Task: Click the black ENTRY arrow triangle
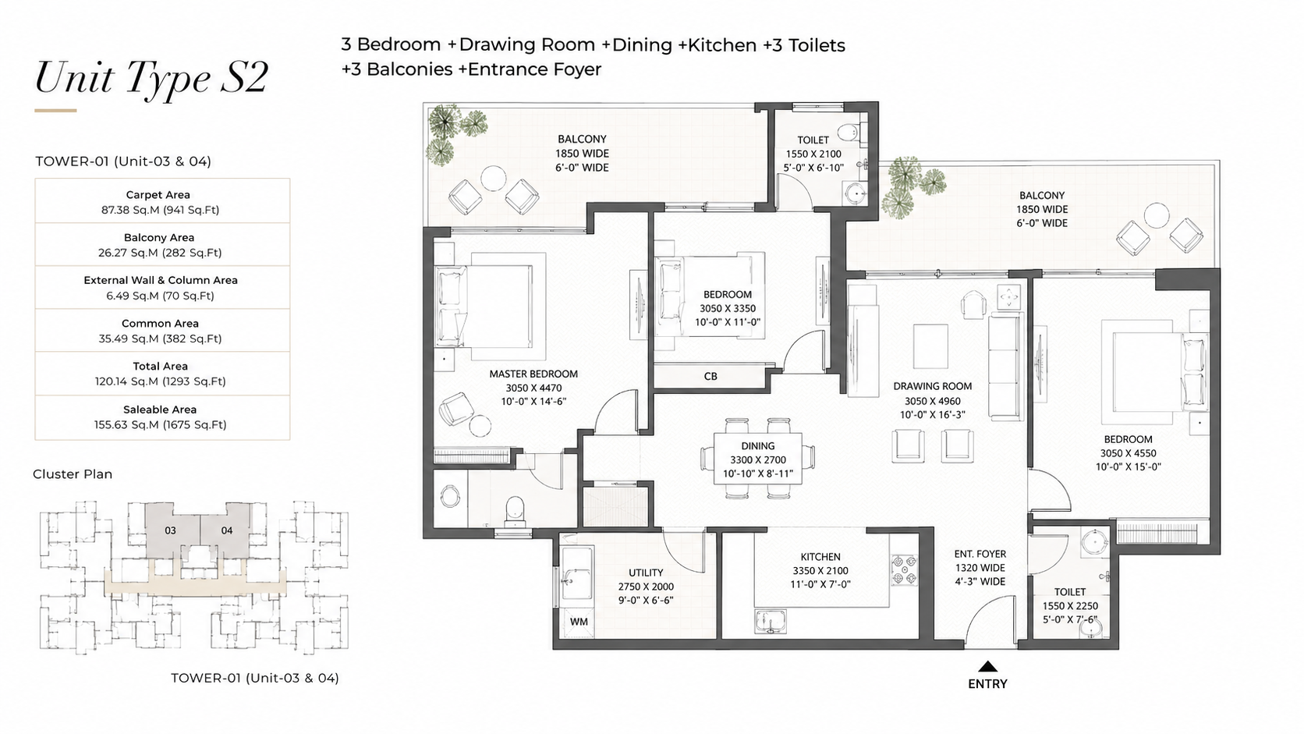tap(987, 666)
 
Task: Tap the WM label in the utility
tap(579, 622)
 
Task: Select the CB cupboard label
tap(710, 377)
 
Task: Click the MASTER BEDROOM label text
tap(533, 374)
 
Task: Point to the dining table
tap(757, 459)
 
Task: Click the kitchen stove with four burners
tap(903, 569)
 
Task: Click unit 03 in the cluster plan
tap(170, 530)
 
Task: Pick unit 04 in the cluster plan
tap(227, 530)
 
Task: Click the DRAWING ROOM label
tap(933, 386)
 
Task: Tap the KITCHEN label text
tap(820, 557)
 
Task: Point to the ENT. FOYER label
tap(980, 554)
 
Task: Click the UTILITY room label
tap(646, 573)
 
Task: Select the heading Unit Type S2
tap(151, 78)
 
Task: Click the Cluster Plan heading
tap(73, 474)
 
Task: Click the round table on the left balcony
tap(493, 178)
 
